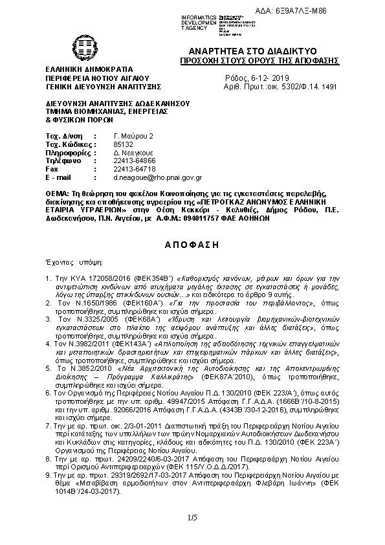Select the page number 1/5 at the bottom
192,518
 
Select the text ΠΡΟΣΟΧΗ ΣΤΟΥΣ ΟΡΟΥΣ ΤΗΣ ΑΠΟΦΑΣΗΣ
259,60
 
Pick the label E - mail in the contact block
58,177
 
